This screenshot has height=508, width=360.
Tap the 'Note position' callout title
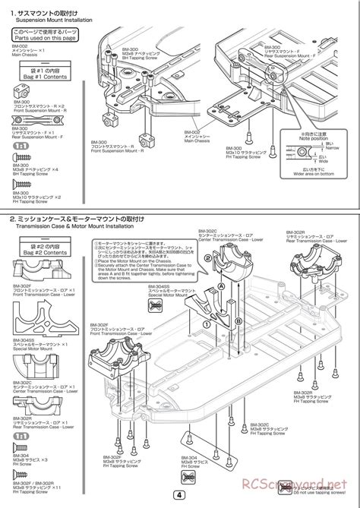[x=314, y=140]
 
